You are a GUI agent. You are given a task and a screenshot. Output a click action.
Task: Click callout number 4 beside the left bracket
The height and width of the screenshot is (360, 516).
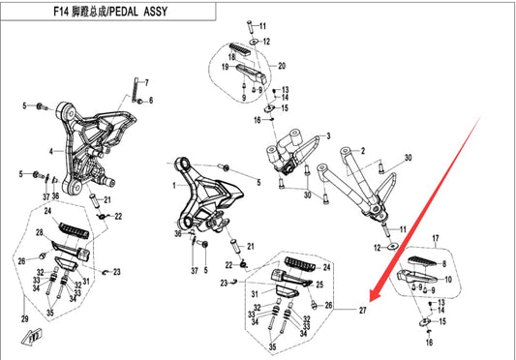coord(50,152)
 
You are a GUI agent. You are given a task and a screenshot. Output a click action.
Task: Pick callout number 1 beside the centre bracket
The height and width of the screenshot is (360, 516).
coord(174,184)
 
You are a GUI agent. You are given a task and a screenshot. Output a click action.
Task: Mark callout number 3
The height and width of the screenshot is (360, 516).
coord(328,136)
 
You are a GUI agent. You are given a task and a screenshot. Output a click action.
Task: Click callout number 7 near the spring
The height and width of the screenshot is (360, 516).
coord(148,100)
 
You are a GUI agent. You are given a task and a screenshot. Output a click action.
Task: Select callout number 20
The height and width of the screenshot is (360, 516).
coord(283,66)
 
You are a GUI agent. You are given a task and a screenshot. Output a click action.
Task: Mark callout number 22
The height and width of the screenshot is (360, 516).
coord(119,216)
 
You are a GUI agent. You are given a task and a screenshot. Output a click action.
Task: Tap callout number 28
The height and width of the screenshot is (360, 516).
coord(41,234)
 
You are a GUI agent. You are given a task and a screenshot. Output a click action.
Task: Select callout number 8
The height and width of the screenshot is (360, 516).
coord(443,262)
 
